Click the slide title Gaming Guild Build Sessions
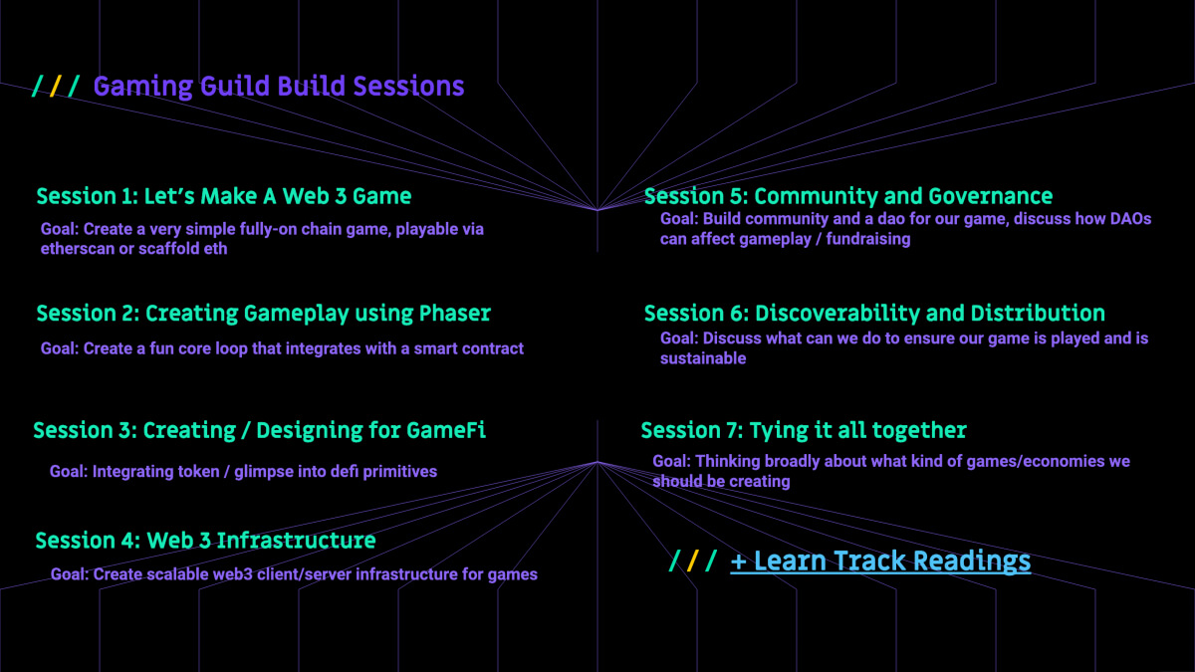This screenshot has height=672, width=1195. (x=279, y=87)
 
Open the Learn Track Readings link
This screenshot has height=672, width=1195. (x=880, y=561)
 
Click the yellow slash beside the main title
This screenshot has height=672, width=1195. (x=55, y=86)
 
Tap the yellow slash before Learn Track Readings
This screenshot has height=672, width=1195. (x=693, y=561)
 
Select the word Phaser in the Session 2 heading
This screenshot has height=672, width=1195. (x=454, y=313)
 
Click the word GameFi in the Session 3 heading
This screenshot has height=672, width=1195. (x=446, y=430)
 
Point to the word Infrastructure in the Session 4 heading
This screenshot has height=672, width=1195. (x=296, y=541)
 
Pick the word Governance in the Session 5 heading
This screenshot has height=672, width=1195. (x=991, y=196)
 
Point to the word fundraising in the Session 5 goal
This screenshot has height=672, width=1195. (x=868, y=239)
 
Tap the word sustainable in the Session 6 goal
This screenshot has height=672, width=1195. (x=703, y=358)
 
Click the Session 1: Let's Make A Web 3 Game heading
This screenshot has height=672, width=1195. (x=224, y=196)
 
